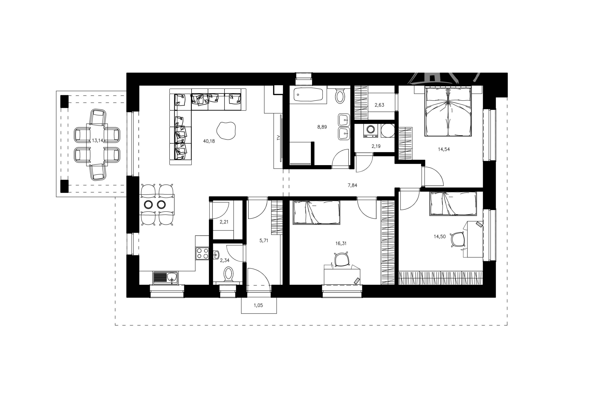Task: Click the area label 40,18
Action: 209,141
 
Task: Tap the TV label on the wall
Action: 278,137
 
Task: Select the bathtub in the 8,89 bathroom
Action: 308,95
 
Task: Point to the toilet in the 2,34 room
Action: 229,274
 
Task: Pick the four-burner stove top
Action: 202,253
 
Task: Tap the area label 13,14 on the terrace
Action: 98,141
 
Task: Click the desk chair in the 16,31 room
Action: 342,259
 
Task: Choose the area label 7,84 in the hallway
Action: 352,185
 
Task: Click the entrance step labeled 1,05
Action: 259,305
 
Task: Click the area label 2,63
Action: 379,105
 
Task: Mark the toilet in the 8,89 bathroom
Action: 340,96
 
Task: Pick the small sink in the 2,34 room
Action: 216,254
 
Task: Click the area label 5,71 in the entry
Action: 264,240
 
